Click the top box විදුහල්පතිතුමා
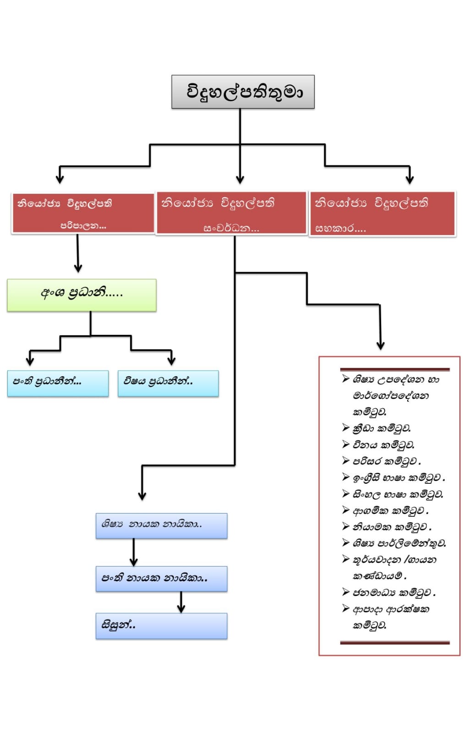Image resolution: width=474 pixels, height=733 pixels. click(x=243, y=92)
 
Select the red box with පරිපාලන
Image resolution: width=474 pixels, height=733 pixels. click(x=83, y=213)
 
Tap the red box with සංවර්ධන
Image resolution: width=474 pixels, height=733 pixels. click(x=231, y=213)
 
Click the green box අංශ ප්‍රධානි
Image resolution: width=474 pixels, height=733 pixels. click(x=82, y=295)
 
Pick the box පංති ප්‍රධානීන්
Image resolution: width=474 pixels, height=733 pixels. click(x=58, y=383)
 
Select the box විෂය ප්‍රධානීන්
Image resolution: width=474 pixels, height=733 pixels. click(x=168, y=383)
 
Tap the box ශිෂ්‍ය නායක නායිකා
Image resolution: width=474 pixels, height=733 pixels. click(x=161, y=525)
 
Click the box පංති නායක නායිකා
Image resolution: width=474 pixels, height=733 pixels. click(x=161, y=579)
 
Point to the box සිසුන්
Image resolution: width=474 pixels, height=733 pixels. click(x=161, y=626)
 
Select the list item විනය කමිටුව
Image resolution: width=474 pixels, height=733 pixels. click(x=383, y=445)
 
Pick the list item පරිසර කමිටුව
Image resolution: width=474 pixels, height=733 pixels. click(x=387, y=461)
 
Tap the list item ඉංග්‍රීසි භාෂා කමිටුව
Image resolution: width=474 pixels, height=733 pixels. click(x=398, y=478)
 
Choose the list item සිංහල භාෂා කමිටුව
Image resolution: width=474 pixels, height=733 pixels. click(x=398, y=494)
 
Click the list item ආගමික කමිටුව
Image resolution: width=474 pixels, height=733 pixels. click(x=390, y=511)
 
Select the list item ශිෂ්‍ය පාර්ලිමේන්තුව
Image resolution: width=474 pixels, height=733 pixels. click(x=399, y=543)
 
